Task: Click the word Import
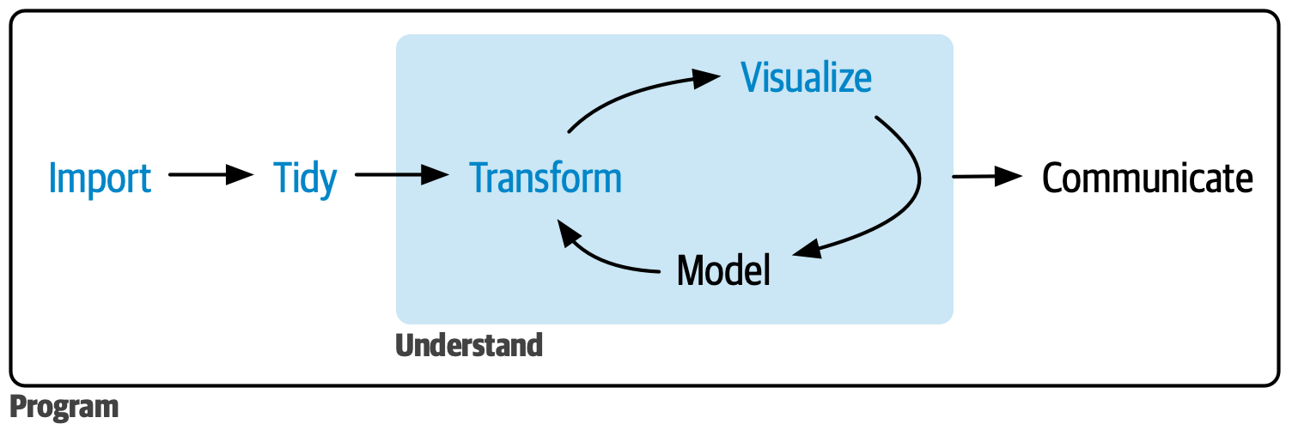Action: pyautogui.click(x=100, y=178)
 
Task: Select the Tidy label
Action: pyautogui.click(x=305, y=178)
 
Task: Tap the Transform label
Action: pyautogui.click(x=545, y=178)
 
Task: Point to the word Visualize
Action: pyautogui.click(x=807, y=77)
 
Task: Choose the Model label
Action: pyautogui.click(x=723, y=270)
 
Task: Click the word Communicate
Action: pyautogui.click(x=1147, y=178)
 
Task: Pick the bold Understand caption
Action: pyautogui.click(x=469, y=345)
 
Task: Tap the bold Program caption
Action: pyautogui.click(x=64, y=406)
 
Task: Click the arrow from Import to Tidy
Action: pyautogui.click(x=210, y=175)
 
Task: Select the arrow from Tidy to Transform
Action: pyautogui.click(x=402, y=175)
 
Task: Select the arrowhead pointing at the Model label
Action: pyautogui.click(x=806, y=251)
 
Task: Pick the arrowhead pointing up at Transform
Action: pyautogui.click(x=568, y=230)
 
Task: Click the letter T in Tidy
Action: pyautogui.click(x=283, y=178)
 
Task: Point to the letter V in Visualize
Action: pyautogui.click(x=753, y=77)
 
